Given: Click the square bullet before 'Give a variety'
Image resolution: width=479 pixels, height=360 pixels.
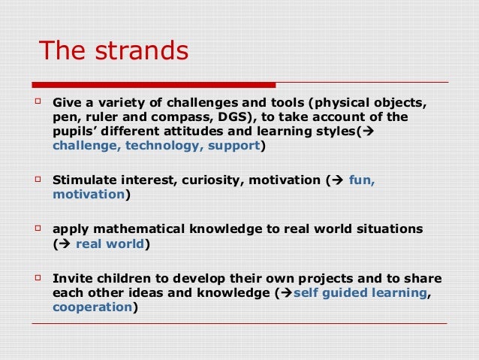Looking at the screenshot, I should pos(39,100).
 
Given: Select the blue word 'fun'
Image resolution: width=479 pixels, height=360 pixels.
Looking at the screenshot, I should pos(361,180).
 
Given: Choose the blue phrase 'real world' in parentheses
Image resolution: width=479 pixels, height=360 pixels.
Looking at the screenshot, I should pos(110,244).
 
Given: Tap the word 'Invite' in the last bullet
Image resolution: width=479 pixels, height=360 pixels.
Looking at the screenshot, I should pos(71,278).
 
